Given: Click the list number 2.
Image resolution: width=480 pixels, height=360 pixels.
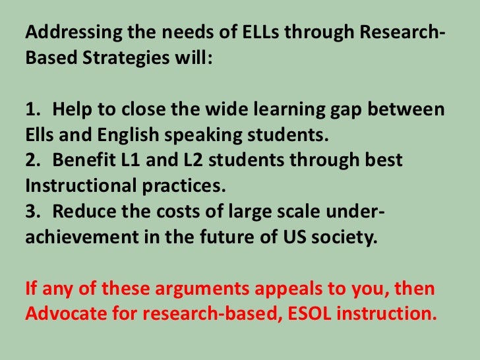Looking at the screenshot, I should click(30, 160).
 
